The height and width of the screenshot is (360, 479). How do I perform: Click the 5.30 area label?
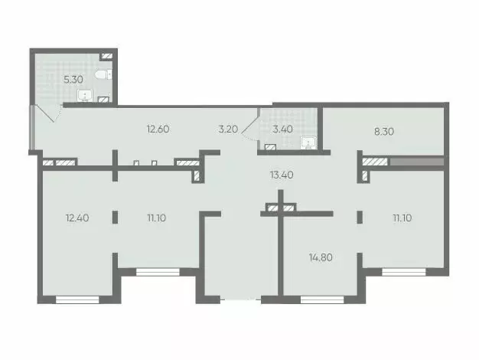(x=73, y=78)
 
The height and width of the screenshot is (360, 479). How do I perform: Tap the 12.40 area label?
(x=78, y=218)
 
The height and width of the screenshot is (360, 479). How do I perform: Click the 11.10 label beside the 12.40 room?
(x=158, y=218)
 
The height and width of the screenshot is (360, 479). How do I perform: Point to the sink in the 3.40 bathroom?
(x=308, y=142)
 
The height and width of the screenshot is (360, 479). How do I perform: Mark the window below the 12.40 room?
(x=78, y=299)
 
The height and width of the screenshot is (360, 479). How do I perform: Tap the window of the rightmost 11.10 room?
(x=403, y=271)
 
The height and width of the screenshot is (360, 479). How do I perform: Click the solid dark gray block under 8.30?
(x=416, y=162)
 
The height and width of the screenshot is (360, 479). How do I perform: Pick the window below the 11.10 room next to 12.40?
(x=158, y=271)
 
